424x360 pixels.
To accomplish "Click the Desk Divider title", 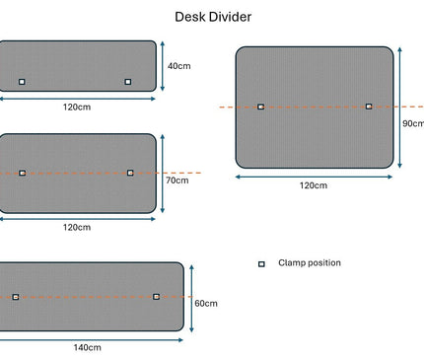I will [212, 17].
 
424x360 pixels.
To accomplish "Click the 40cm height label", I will [178, 66].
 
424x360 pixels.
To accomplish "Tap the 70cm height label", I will [177, 180].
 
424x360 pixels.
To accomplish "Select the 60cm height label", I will [205, 303].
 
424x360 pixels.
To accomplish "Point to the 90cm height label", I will [413, 124].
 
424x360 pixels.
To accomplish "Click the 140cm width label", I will [87, 347].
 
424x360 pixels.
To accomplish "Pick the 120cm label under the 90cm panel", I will [314, 185].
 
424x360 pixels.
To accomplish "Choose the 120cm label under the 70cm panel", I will [77, 227].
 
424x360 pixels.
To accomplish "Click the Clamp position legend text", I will [310, 263].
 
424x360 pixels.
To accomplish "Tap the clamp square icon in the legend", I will [261, 264].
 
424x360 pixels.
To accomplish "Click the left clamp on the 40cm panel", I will [23, 82].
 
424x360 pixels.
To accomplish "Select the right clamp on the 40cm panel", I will [128, 82].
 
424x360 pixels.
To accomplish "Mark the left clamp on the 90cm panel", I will [261, 107].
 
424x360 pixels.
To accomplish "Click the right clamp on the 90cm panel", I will [369, 107].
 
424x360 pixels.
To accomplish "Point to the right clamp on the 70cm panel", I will [130, 173].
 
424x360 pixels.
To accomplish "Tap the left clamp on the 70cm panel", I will [23, 173].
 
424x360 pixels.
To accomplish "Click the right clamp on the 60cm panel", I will [156, 296].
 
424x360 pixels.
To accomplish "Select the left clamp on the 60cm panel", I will [16, 296].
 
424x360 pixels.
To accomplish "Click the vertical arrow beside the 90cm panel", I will [402, 107].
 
